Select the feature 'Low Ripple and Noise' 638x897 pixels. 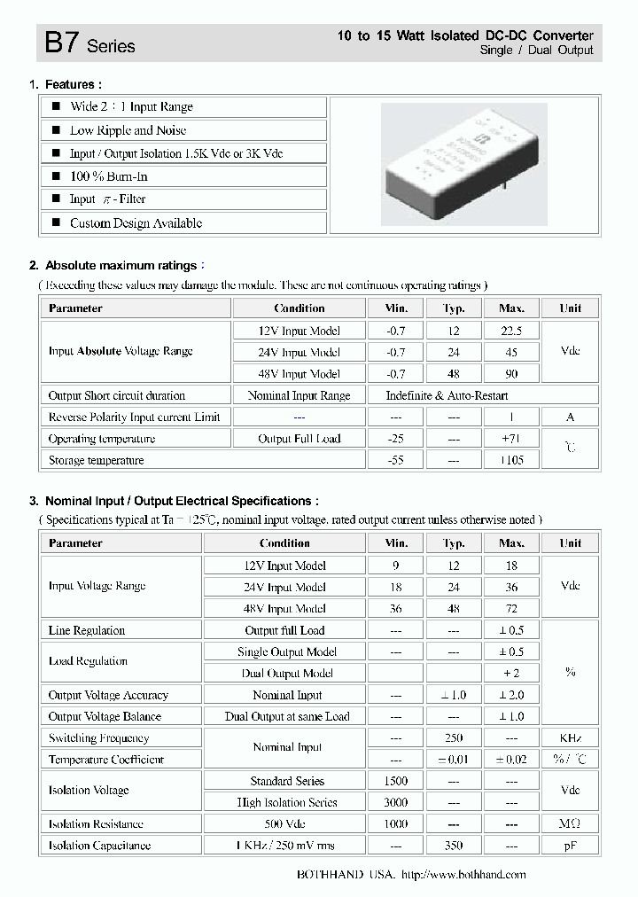point(128,130)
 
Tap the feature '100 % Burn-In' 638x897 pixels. point(110,176)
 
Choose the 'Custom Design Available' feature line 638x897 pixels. point(136,223)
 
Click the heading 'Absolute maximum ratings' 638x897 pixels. point(121,266)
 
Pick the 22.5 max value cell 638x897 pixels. point(511,331)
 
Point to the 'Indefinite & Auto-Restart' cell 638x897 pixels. point(447,395)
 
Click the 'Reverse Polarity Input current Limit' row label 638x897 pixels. point(135,417)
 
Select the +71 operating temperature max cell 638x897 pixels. point(511,439)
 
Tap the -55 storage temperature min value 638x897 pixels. point(395,460)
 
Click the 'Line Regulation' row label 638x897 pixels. point(87,630)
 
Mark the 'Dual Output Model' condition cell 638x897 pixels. point(285,674)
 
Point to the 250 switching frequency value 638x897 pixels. point(453,738)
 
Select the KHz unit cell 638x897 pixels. point(570,738)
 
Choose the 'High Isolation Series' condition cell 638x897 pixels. point(285,802)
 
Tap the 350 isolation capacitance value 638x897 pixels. point(453,846)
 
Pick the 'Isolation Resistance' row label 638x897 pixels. point(96,824)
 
